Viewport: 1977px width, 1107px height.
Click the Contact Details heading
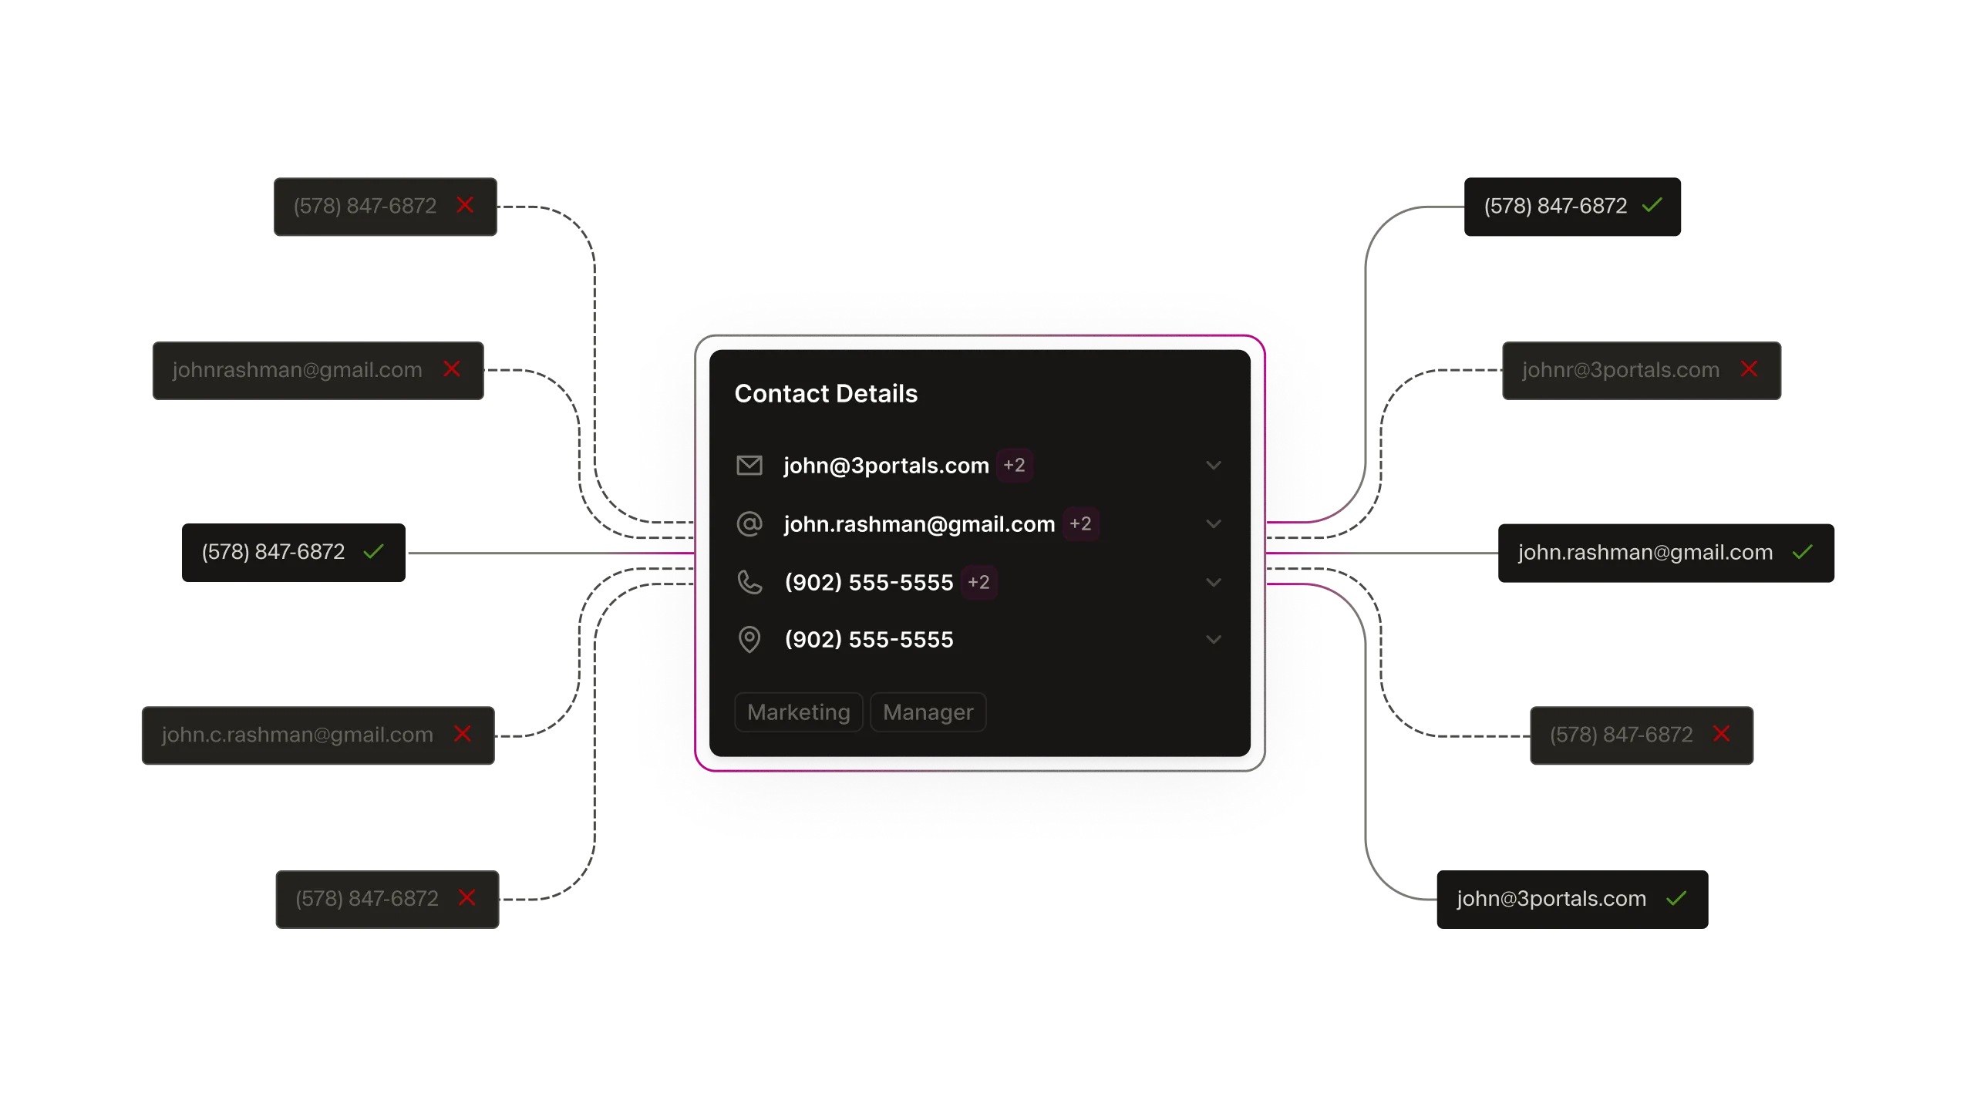pos(826,394)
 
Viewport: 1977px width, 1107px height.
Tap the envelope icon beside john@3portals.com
pos(749,466)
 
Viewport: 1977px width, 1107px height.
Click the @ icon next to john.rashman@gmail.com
pos(749,524)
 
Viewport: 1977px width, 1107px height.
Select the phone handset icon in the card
pos(749,582)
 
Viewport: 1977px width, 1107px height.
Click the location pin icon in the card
pos(749,639)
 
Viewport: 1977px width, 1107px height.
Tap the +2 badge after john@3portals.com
pos(1014,466)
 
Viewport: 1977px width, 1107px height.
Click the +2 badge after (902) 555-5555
pos(978,582)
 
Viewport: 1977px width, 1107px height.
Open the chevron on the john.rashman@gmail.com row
pos(1214,524)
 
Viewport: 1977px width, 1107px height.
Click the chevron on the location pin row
pos(1214,639)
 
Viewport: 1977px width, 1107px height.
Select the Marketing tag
pos(798,712)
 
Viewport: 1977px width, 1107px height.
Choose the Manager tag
pos(928,712)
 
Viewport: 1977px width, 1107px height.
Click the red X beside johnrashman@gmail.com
pos(452,369)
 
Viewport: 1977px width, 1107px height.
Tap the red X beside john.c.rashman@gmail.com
pos(463,734)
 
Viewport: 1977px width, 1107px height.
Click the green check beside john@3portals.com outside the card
pos(1676,898)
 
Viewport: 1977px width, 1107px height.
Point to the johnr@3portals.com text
pos(1620,370)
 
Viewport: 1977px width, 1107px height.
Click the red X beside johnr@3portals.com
pos(1749,369)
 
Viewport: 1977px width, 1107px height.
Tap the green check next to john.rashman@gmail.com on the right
pos(1802,552)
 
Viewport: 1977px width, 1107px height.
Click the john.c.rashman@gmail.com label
pos(297,735)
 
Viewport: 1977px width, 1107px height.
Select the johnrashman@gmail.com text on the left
pos(297,370)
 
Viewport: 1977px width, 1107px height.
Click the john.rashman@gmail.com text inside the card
pos(919,524)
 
